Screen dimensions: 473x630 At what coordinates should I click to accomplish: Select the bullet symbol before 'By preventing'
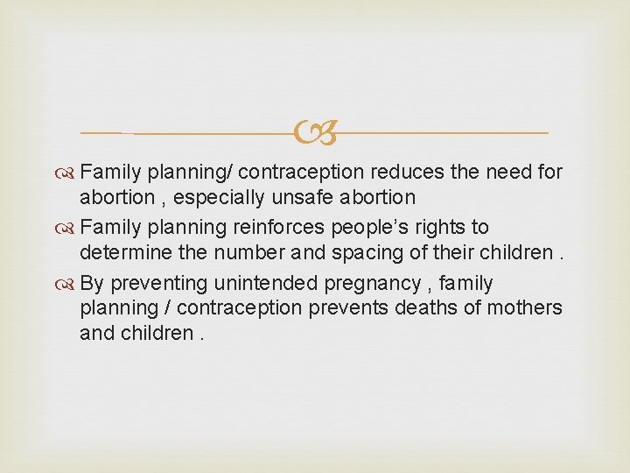pos(68,284)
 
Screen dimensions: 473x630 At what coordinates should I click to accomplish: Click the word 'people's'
pos(360,228)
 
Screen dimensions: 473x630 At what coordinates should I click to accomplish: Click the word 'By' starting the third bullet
pos(93,283)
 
